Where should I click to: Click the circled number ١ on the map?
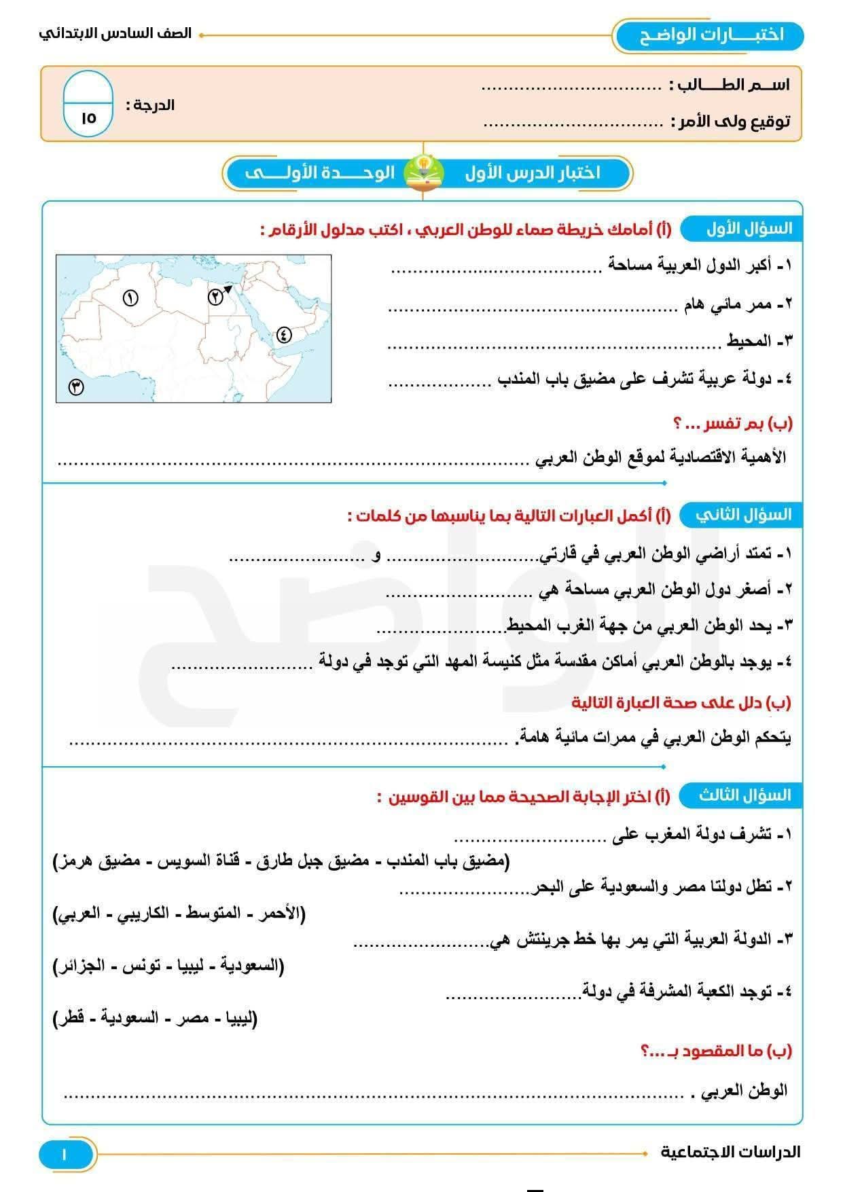[x=130, y=297]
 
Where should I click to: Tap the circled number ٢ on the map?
[x=215, y=297]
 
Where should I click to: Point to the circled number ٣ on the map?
[x=76, y=387]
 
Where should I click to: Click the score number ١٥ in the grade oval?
[x=88, y=118]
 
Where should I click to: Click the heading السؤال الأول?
[x=749, y=229]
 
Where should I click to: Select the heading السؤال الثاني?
[x=743, y=516]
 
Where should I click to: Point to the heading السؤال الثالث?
[x=745, y=795]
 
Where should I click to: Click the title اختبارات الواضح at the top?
[x=711, y=35]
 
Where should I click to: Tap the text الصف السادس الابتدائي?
[x=115, y=33]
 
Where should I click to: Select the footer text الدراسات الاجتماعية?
[x=730, y=1152]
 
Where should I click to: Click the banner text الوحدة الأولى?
[x=320, y=173]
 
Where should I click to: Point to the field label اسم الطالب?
[x=730, y=85]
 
